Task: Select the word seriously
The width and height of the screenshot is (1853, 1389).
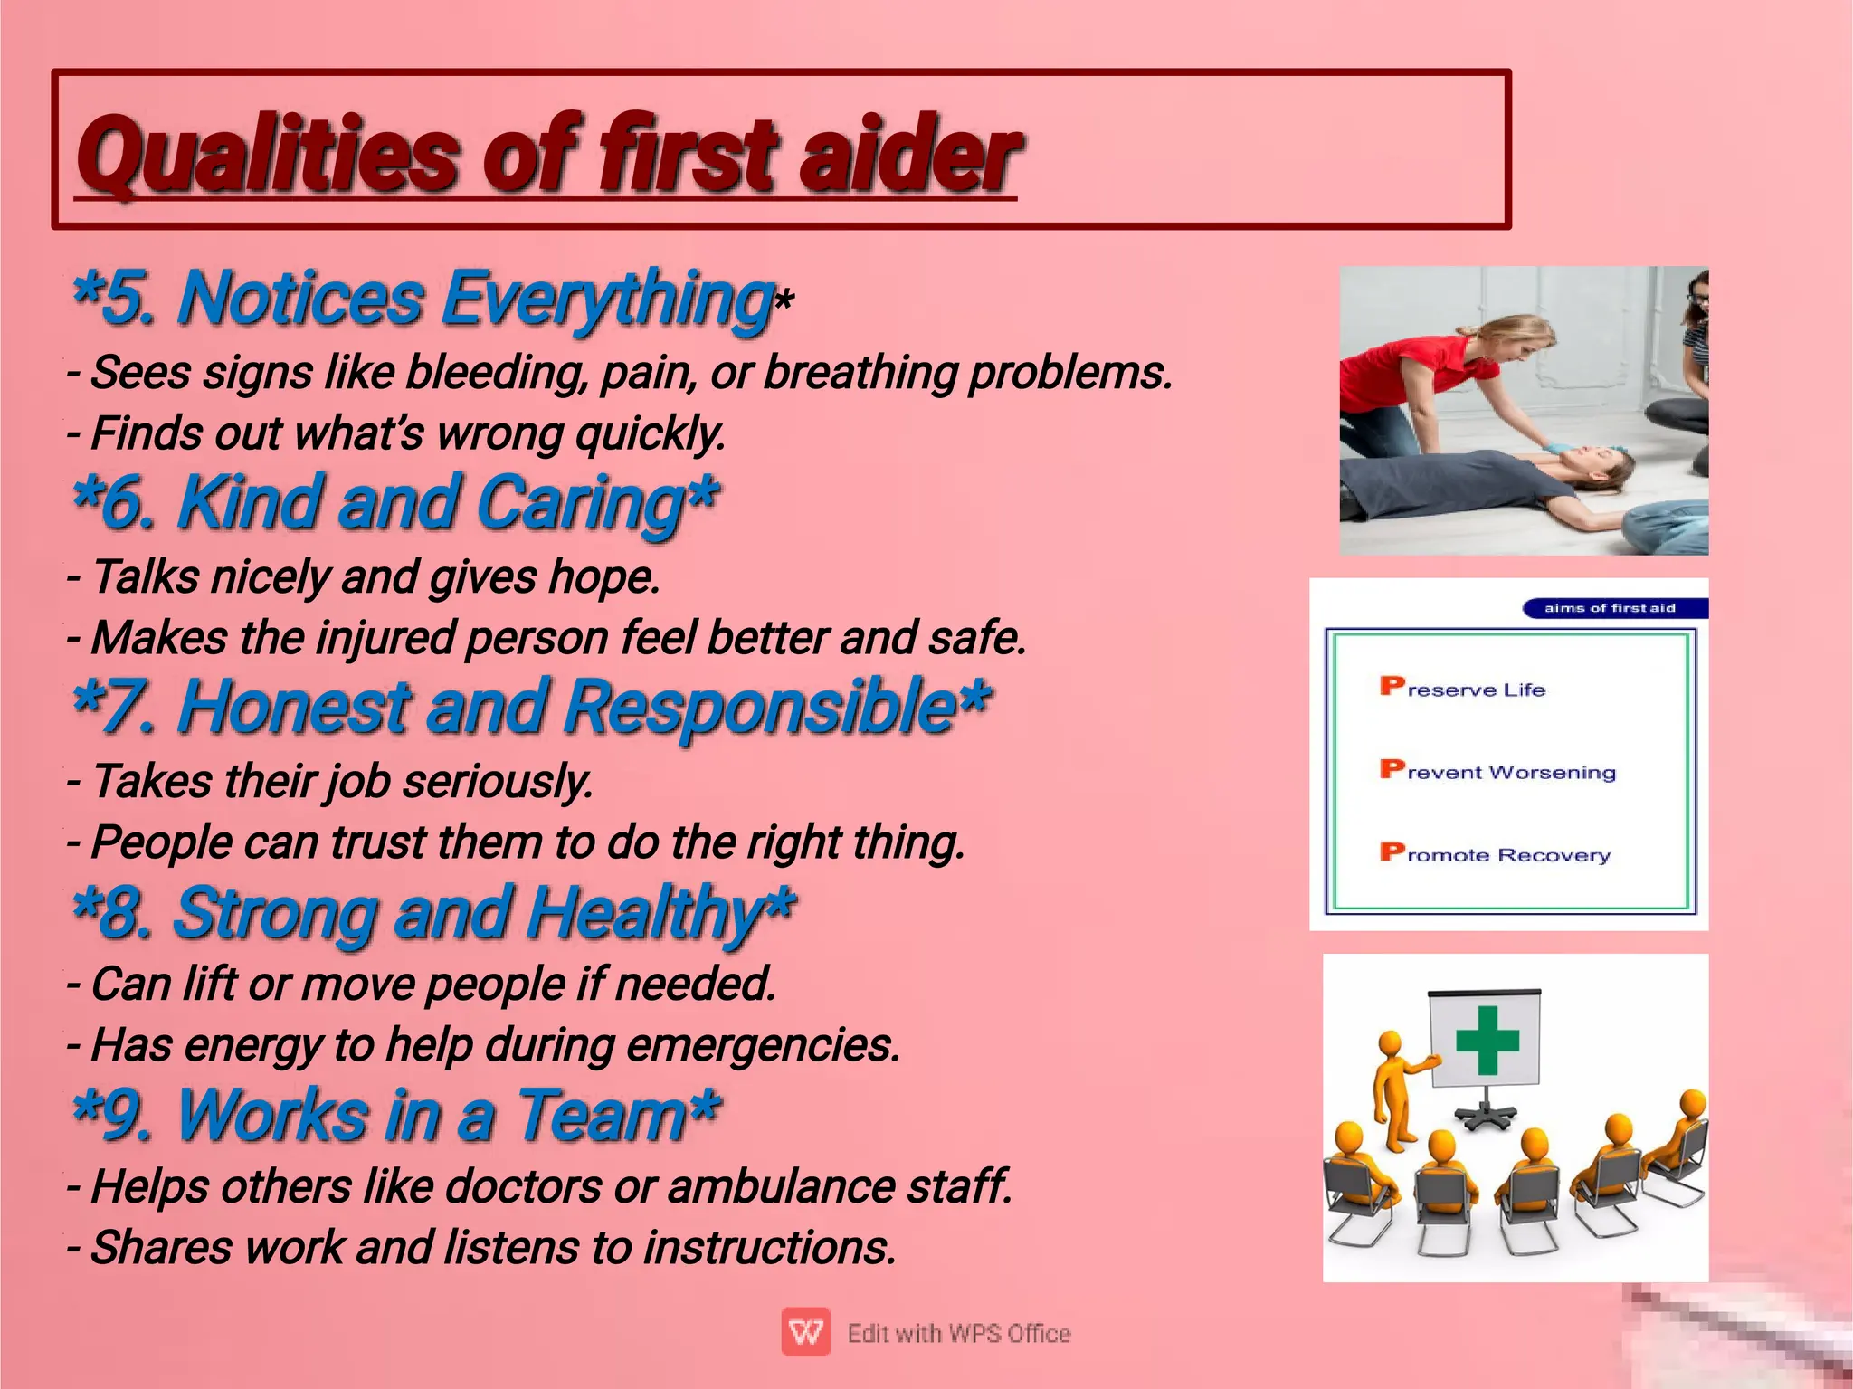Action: pos(498,782)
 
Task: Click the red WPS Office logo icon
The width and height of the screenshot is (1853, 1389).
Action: pos(805,1332)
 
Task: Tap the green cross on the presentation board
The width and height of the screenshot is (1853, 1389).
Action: pos(1487,1040)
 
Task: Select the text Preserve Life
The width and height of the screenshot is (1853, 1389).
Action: pos(1463,689)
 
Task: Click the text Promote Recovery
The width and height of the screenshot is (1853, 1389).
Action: pos(1495,854)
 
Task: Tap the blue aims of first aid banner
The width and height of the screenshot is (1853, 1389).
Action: pos(1611,608)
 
